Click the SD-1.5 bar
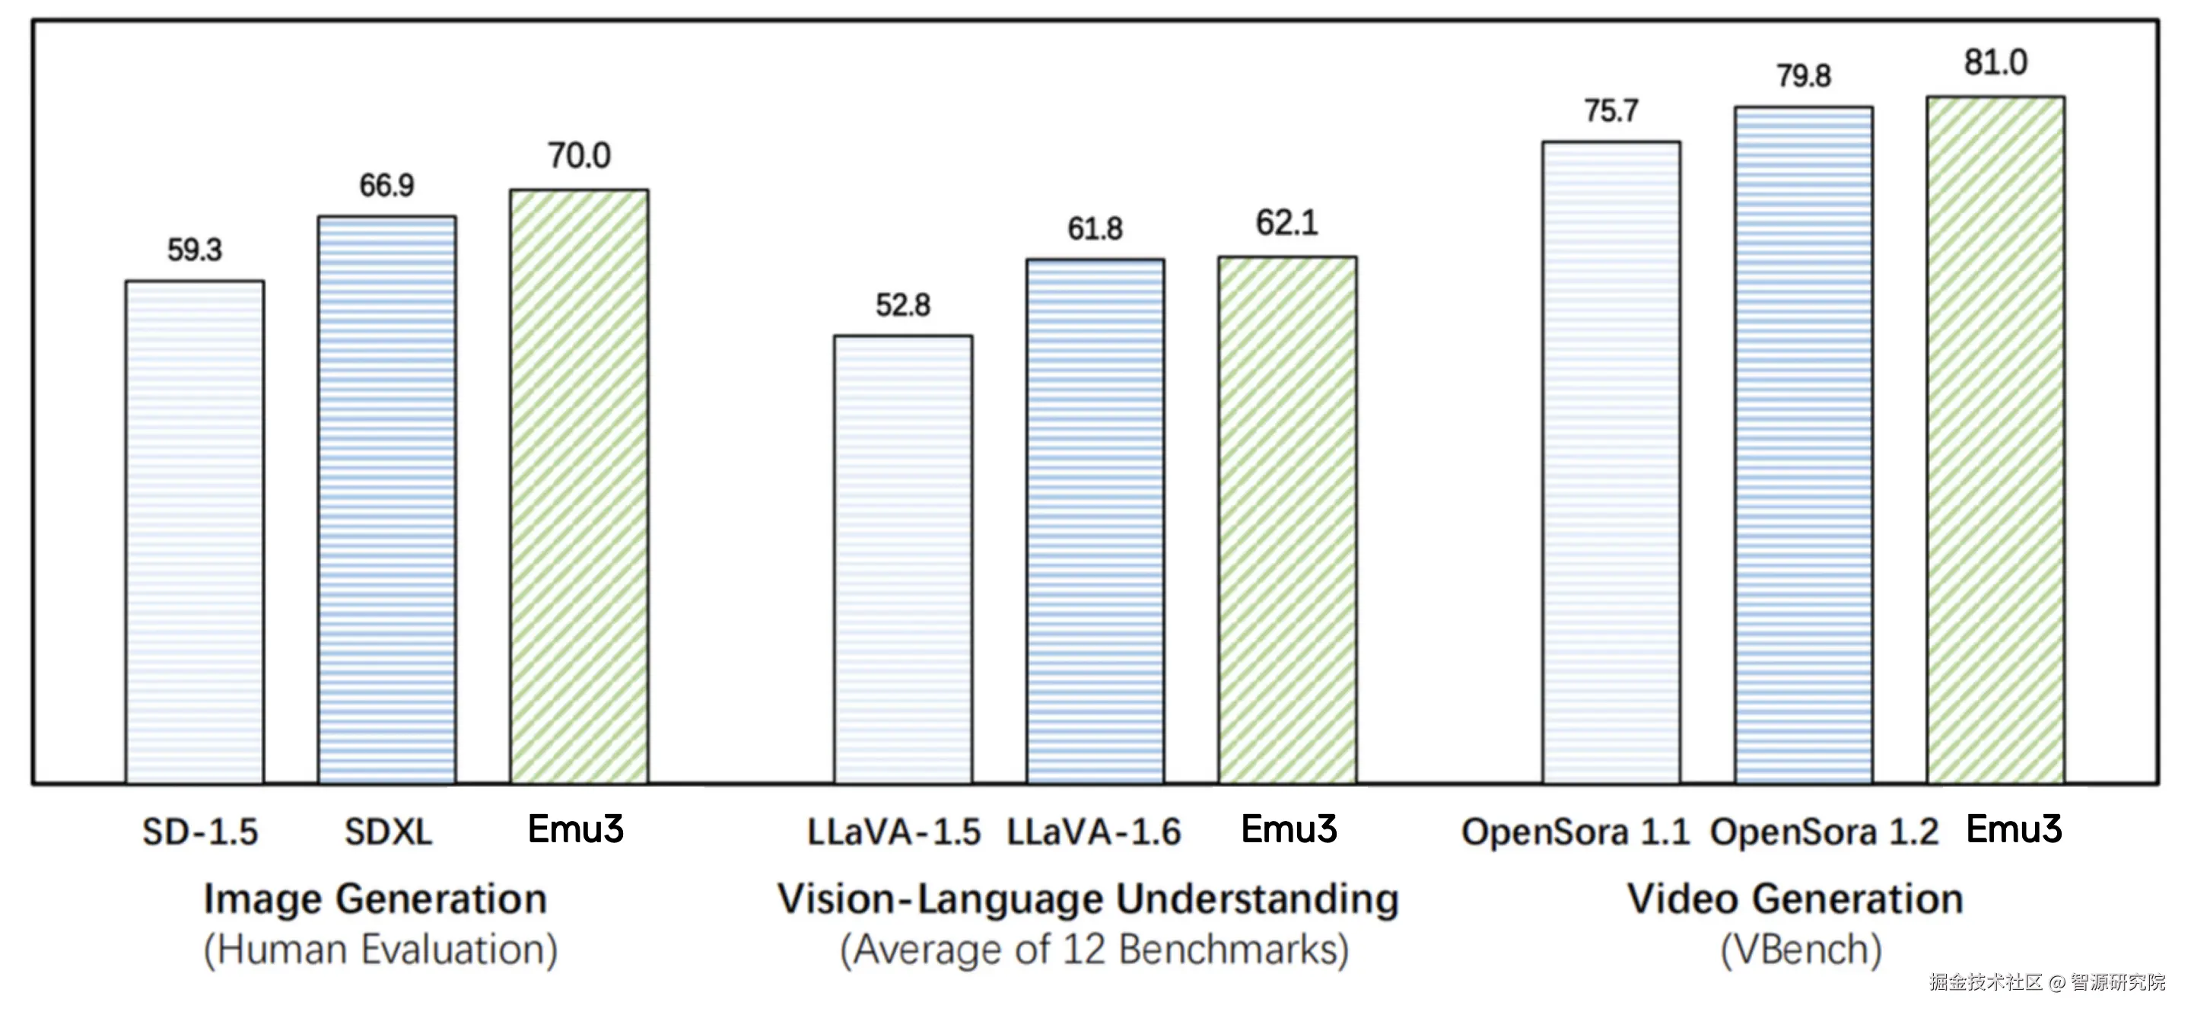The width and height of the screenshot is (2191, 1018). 195,532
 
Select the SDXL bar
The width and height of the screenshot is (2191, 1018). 387,499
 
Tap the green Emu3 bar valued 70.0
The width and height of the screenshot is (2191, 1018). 579,485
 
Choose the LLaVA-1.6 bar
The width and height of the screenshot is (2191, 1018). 1095,520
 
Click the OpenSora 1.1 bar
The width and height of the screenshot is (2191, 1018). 1612,462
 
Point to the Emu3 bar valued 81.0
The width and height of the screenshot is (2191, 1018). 1995,439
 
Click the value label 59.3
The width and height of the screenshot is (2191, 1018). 195,250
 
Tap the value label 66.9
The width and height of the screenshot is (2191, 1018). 387,186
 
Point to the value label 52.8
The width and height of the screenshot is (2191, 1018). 903,305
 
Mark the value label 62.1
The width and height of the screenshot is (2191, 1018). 1287,224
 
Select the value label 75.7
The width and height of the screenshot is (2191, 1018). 1612,111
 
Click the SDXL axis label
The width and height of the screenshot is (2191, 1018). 389,832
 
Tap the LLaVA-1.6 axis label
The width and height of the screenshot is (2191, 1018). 1095,832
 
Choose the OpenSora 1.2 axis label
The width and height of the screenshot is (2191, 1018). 1824,832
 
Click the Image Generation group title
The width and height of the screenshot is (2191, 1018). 375,899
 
